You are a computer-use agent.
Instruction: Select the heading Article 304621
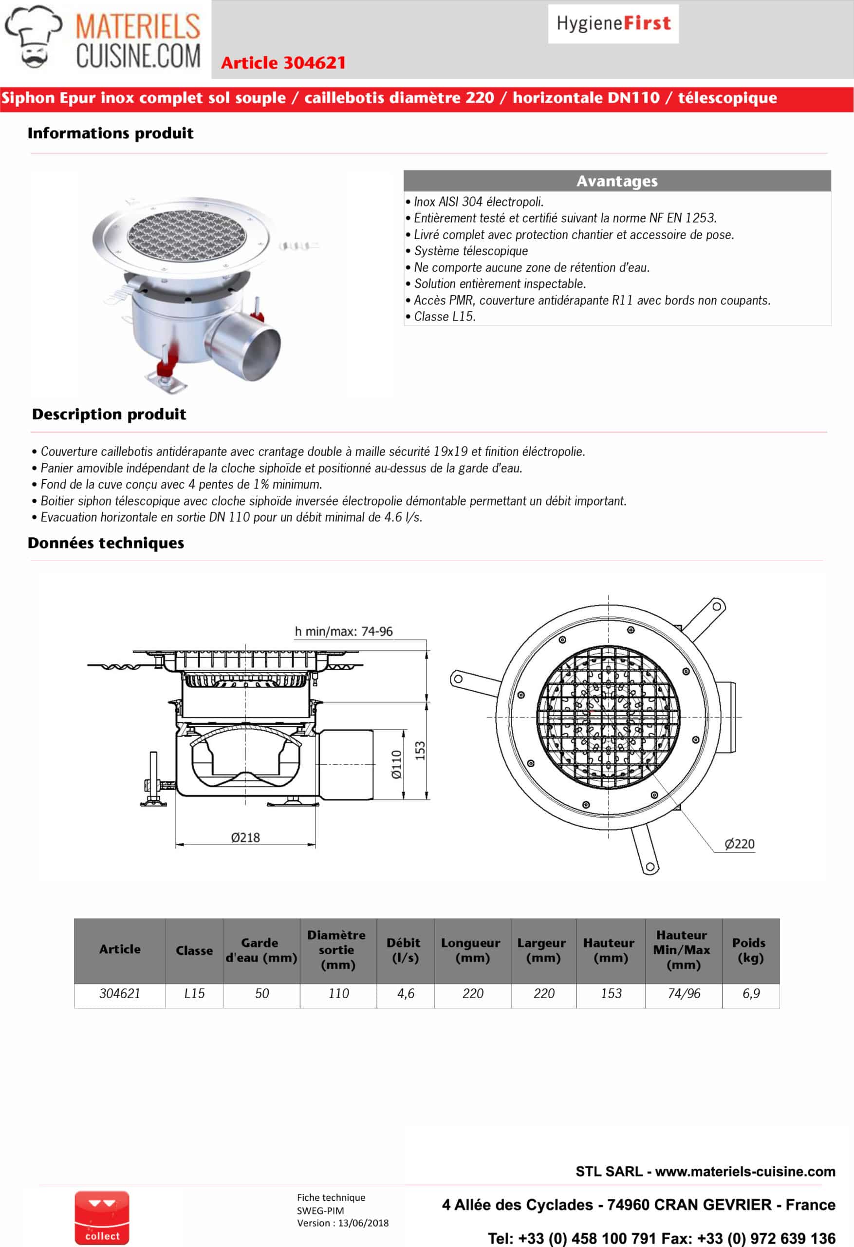[x=283, y=63]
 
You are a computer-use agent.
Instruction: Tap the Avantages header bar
[x=617, y=181]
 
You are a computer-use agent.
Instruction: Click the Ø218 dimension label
[x=245, y=838]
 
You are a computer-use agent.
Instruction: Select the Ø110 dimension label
[x=396, y=764]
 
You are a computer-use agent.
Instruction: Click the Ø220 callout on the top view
[x=739, y=844]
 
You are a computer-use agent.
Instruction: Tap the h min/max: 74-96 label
[x=343, y=632]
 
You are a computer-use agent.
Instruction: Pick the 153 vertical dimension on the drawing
[x=420, y=750]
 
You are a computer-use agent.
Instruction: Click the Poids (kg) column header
[x=749, y=950]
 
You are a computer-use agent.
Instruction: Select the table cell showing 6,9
[x=751, y=994]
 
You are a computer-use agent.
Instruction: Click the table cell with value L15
[x=194, y=994]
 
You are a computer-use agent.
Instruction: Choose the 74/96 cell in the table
[x=684, y=994]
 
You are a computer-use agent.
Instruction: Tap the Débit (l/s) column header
[x=405, y=950]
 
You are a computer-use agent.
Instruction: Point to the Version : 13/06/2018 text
[x=343, y=1223]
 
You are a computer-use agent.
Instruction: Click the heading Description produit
[x=109, y=414]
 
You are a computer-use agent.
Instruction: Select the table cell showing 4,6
[x=406, y=994]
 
